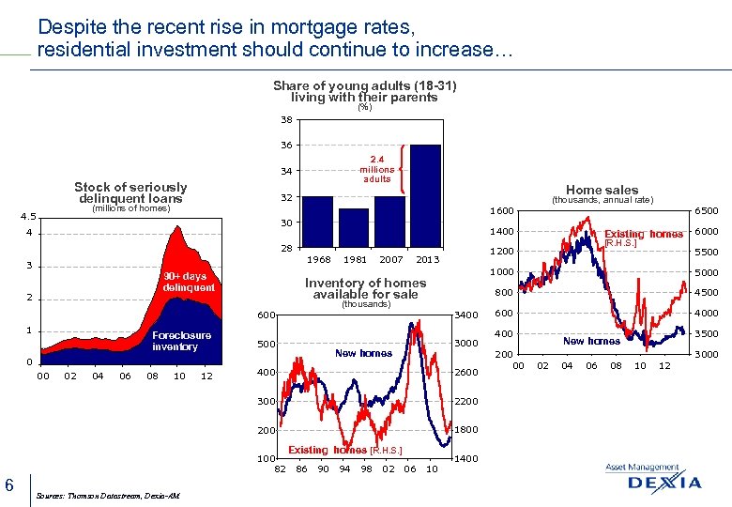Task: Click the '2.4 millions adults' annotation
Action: [377, 169]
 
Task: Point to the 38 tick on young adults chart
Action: [285, 119]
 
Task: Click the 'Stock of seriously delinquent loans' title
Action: [130, 192]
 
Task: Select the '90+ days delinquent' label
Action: [188, 282]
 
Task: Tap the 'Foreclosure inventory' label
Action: [181, 341]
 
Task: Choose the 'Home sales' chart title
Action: [602, 190]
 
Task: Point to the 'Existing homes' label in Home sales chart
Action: [643, 234]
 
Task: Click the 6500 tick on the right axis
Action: [706, 211]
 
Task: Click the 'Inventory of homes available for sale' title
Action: [365, 288]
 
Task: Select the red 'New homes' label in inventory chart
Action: [363, 353]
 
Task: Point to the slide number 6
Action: [8, 484]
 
